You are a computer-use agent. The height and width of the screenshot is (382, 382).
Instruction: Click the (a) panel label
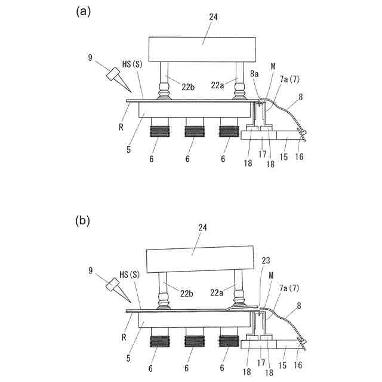point(83,11)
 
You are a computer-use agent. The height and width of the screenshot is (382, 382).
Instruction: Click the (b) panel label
point(83,221)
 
